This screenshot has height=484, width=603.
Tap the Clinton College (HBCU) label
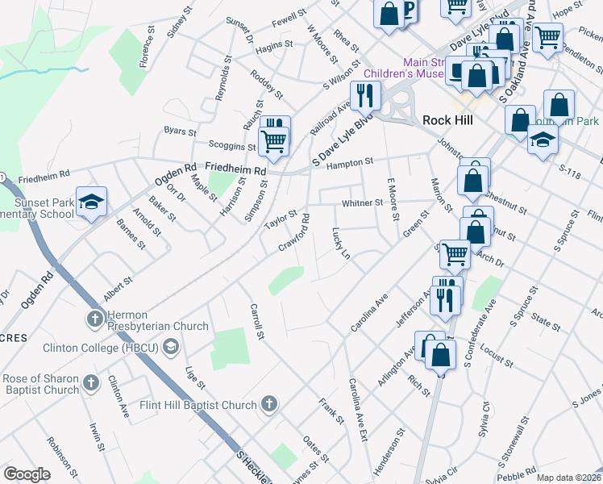tap(102, 348)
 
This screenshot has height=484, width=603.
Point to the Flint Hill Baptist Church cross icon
tap(269, 403)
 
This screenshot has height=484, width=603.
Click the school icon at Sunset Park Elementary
tap(91, 202)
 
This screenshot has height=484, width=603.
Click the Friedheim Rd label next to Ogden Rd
tap(235, 170)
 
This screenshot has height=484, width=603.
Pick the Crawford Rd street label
tap(293, 232)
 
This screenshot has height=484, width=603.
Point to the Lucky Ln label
tap(341, 243)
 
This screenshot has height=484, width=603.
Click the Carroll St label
tap(258, 320)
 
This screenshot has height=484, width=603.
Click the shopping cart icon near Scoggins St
tap(274, 140)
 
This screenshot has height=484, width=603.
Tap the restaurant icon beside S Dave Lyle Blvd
tap(366, 96)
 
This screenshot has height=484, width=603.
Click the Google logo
tap(27, 474)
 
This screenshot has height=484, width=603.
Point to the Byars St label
tap(181, 130)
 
